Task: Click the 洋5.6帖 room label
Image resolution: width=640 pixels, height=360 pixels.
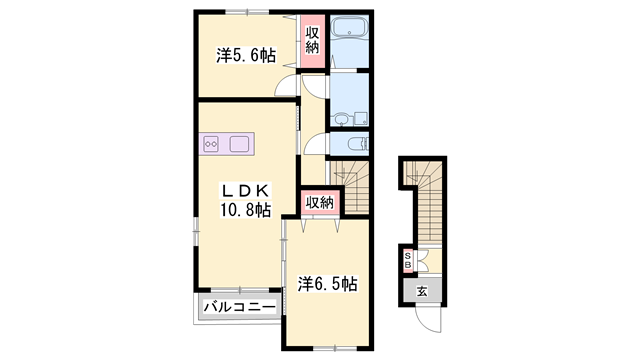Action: [245, 56]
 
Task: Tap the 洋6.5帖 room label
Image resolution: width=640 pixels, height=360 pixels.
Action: [327, 285]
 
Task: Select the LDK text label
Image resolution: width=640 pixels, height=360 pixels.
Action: [245, 189]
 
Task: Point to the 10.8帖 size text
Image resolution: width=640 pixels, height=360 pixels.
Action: [245, 210]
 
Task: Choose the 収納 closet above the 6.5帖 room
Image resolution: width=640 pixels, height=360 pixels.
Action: [320, 203]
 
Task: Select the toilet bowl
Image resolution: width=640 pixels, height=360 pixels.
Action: [355, 143]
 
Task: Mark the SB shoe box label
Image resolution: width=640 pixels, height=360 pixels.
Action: [408, 262]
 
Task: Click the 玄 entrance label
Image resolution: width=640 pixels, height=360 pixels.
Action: [422, 291]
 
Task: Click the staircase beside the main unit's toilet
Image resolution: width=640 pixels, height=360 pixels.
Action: [349, 180]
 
